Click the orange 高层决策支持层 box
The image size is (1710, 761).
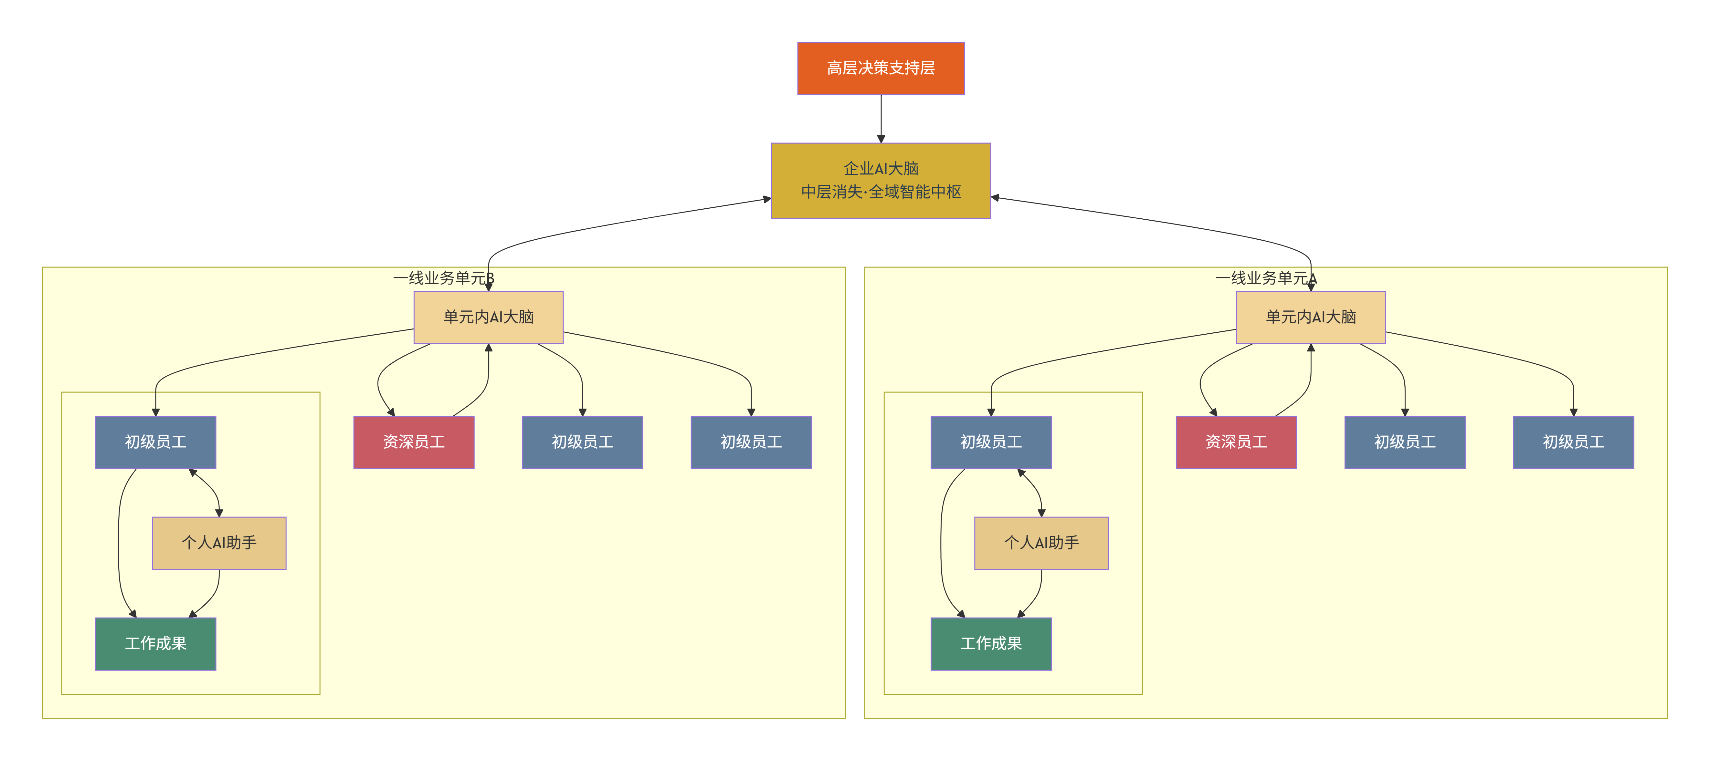[x=881, y=68]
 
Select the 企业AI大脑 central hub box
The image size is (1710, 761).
[x=881, y=181]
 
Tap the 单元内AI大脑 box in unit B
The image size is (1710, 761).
[x=489, y=317]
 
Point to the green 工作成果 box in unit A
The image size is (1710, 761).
[x=991, y=643]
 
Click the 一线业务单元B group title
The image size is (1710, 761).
[x=443, y=278]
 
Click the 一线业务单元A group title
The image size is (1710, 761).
[x=1266, y=278]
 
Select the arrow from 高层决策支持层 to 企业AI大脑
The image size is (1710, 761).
[x=881, y=119]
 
